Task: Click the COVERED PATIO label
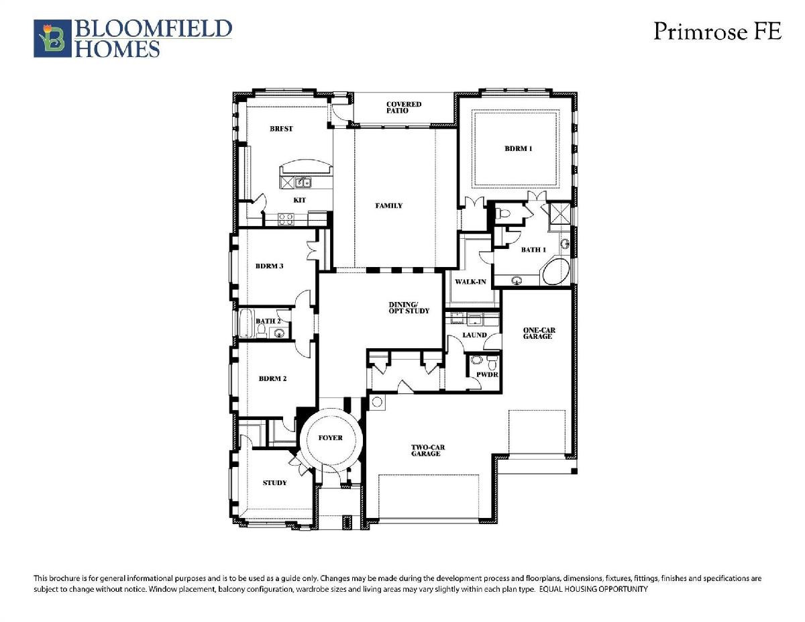pyautogui.click(x=403, y=107)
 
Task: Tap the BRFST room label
pyautogui.click(x=281, y=129)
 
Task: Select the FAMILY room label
pyautogui.click(x=388, y=205)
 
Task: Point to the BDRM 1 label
pyautogui.click(x=519, y=148)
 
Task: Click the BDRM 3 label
pyautogui.click(x=269, y=266)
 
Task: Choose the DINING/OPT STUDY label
pyautogui.click(x=409, y=308)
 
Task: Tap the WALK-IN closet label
pyautogui.click(x=470, y=282)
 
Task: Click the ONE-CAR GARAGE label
pyautogui.click(x=539, y=333)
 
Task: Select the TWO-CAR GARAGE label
pyautogui.click(x=427, y=450)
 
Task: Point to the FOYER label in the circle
pyautogui.click(x=331, y=438)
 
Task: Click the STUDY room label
pyautogui.click(x=274, y=482)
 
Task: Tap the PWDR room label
pyautogui.click(x=487, y=374)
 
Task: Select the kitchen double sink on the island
pyautogui.click(x=303, y=183)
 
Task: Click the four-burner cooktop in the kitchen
pyautogui.click(x=286, y=219)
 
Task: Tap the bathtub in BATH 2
pyautogui.click(x=246, y=323)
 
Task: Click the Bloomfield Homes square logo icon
pyautogui.click(x=52, y=38)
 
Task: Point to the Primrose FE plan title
pyautogui.click(x=717, y=31)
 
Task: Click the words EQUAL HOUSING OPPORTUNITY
pyautogui.click(x=594, y=589)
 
